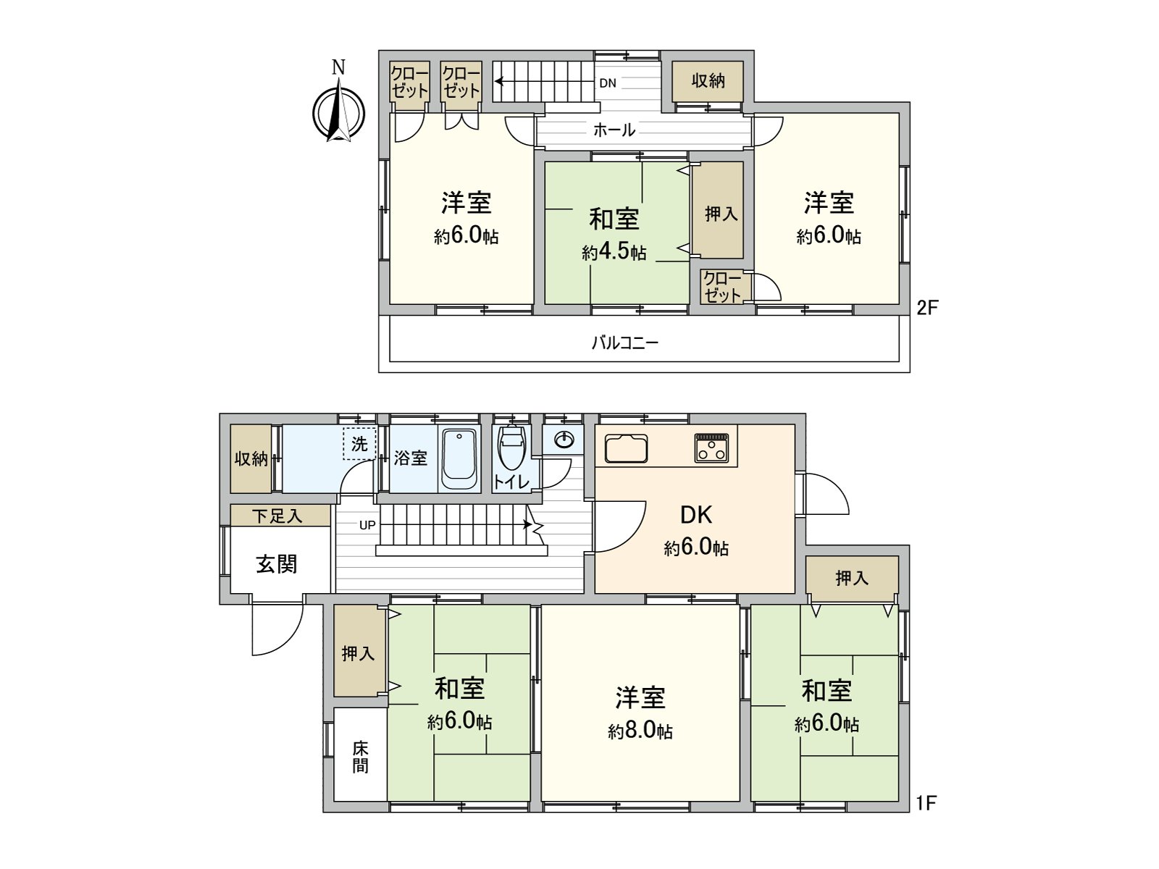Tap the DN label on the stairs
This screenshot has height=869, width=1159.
point(608,83)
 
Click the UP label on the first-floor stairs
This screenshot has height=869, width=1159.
point(367,525)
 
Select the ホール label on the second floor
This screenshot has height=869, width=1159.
point(614,130)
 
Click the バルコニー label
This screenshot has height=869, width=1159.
point(624,343)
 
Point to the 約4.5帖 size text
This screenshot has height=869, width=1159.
point(614,253)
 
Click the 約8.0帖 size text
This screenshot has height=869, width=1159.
point(640,731)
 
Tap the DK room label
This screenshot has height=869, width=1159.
point(696,515)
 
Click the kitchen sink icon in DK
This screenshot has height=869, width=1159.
point(627,449)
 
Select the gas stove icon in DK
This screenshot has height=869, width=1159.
point(712,448)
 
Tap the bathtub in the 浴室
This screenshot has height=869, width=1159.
point(459,459)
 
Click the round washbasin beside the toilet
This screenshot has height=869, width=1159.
point(564,440)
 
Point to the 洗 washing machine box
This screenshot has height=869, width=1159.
point(359,444)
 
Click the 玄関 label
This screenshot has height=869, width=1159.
point(277,563)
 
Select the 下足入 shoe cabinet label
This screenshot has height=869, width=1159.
point(277,516)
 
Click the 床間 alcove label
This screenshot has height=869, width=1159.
point(360,757)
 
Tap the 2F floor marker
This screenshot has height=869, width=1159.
point(926,308)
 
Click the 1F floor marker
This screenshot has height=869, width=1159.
point(926,803)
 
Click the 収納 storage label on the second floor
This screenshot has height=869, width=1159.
point(708,80)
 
